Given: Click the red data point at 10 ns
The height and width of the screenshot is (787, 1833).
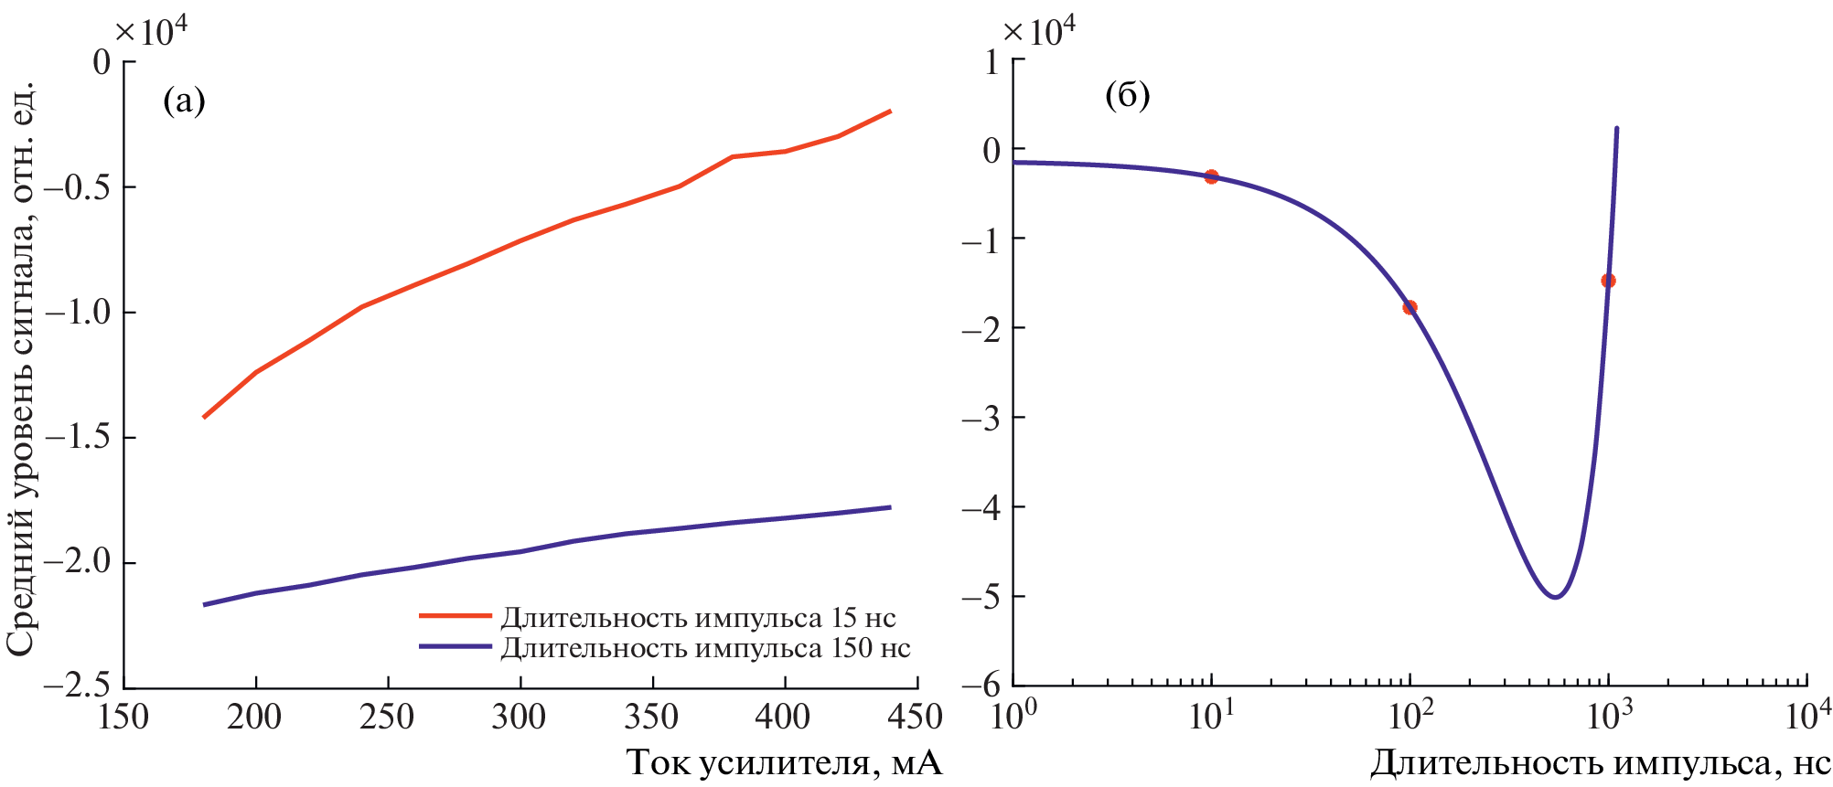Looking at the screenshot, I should click(1211, 176).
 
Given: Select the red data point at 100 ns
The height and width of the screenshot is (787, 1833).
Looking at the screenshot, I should click(1410, 307).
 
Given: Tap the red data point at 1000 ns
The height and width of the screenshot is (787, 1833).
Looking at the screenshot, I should click(1608, 281).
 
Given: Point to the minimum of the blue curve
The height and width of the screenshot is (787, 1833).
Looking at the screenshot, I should click(1555, 597).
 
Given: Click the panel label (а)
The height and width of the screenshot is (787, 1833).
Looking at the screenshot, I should click(184, 100).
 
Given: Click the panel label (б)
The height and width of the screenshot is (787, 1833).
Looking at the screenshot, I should click(1127, 95).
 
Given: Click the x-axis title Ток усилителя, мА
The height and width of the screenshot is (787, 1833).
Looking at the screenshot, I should click(784, 762).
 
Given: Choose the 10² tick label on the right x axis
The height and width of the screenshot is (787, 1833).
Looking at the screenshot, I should click(1410, 716).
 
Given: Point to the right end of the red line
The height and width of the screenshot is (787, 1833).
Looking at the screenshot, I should click(890, 111).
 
